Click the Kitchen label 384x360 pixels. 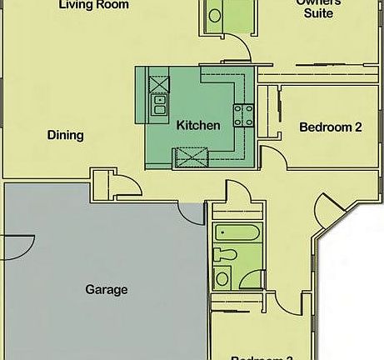pos(198,126)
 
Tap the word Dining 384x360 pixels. pos(65,135)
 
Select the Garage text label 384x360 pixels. pos(107,290)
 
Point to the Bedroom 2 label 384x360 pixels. pos(330,127)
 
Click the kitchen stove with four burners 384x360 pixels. pos(243,115)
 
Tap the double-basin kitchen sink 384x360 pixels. pos(159,104)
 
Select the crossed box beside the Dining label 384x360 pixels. pos(190,156)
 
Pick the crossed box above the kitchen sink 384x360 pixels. pos(158,83)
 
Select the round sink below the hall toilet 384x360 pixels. pos(222,278)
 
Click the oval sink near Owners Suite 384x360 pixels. pos(214,15)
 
